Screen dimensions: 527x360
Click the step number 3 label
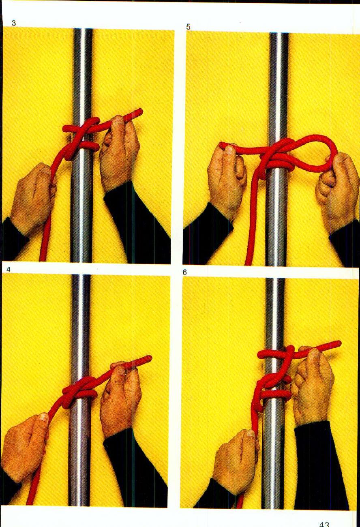pyautogui.click(x=14, y=24)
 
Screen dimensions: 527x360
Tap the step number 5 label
pyautogui.click(x=188, y=27)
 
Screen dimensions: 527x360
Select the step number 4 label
pyautogui.click(x=9, y=269)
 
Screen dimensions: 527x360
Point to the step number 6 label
pyautogui.click(x=184, y=272)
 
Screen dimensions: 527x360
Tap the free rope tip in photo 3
pyautogui.click(x=139, y=111)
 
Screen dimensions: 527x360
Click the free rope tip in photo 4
pyautogui.click(x=148, y=359)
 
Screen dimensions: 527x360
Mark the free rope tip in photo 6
pyautogui.click(x=337, y=344)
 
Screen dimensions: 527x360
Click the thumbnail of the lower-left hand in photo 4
pyautogui.click(x=43, y=418)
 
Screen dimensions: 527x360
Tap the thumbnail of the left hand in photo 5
pyautogui.click(x=229, y=150)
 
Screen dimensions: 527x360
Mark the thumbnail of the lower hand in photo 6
pyautogui.click(x=250, y=434)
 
